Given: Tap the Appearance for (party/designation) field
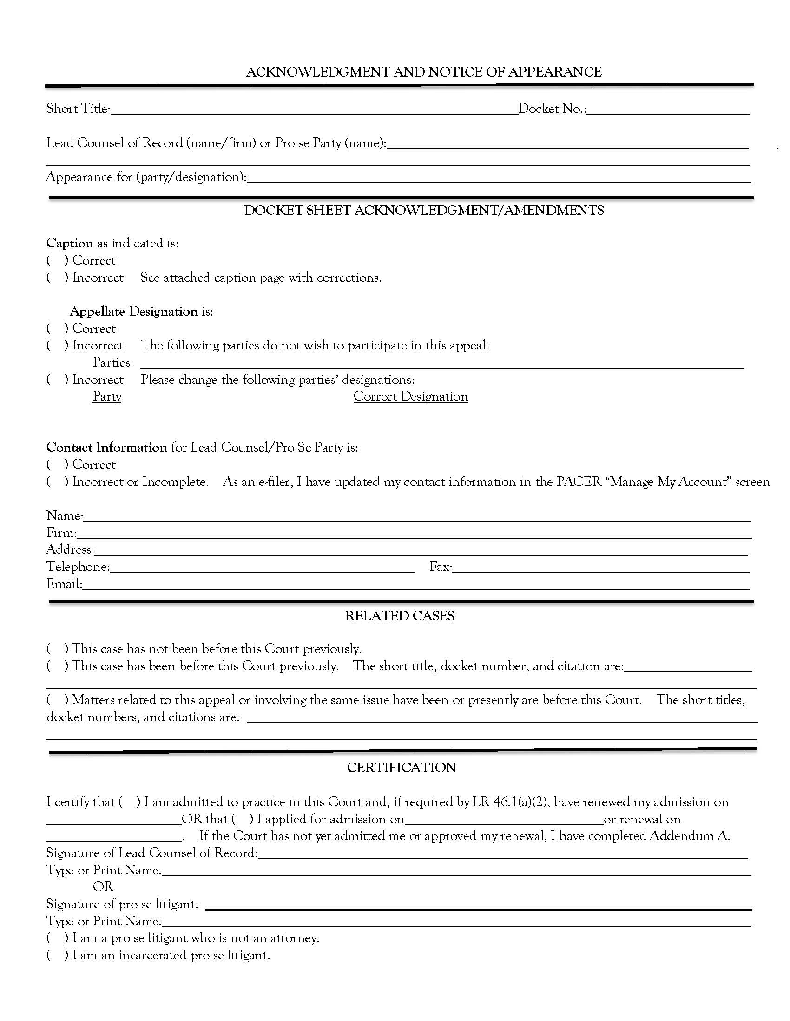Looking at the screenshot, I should coord(499,178).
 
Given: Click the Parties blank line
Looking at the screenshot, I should coord(442,364).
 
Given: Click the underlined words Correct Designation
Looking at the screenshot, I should coord(410,396).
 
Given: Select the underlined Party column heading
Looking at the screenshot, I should coord(107,396).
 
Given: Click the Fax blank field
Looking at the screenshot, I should coord(601,568).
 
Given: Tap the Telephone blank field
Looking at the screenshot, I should coord(262,568).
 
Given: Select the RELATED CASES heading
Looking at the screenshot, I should coord(400,616).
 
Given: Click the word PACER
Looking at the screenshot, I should coord(579,482).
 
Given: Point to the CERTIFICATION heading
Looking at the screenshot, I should coord(401,768).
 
